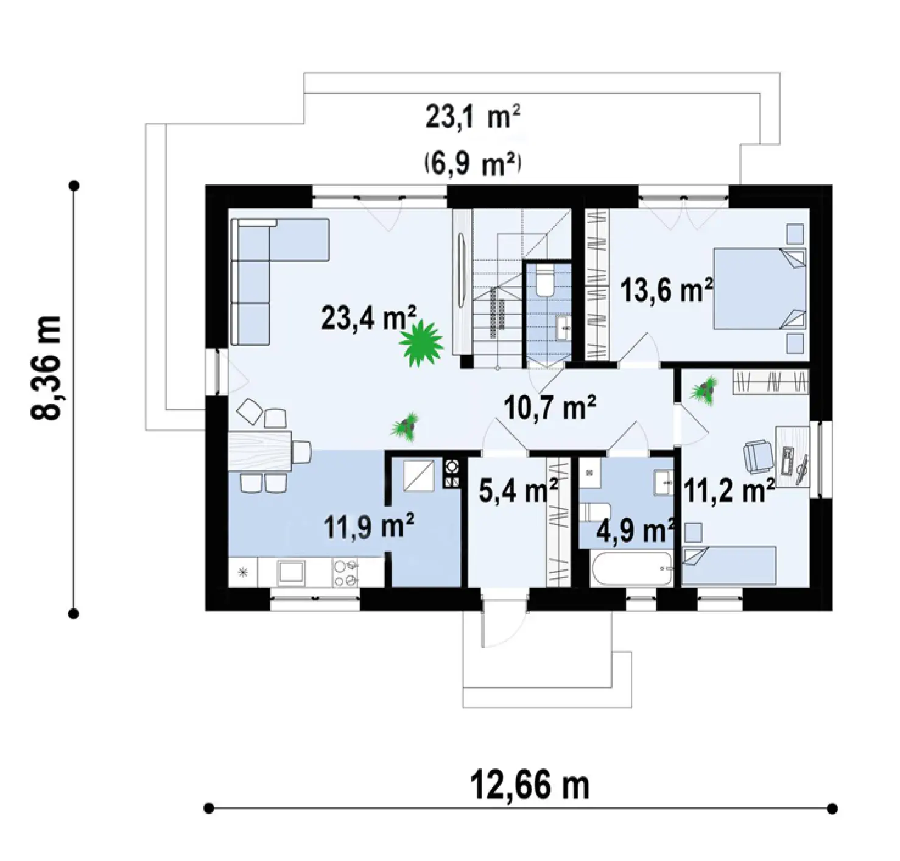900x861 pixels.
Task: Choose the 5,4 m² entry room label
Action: coord(518,491)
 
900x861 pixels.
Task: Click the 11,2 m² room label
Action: coord(728,491)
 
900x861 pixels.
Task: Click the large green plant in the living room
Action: coord(420,343)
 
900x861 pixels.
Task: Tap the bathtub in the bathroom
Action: coord(631,568)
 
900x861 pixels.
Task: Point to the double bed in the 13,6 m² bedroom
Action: coord(759,289)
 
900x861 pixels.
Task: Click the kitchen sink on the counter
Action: coord(290,574)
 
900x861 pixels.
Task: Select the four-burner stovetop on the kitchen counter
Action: coord(345,573)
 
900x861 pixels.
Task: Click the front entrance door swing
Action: coord(503,622)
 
